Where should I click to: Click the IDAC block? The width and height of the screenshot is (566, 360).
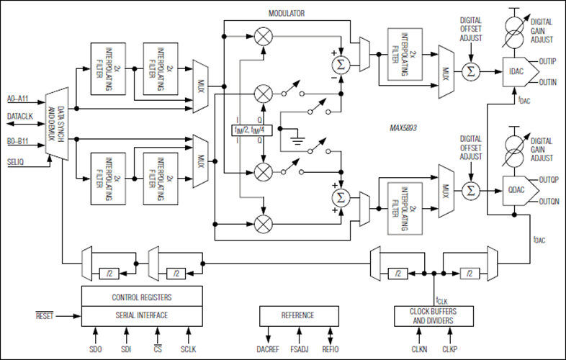[518, 72]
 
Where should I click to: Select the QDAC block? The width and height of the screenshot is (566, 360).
[519, 191]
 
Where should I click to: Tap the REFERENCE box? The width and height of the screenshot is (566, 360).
[299, 316]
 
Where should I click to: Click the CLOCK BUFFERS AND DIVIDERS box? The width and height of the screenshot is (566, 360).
[434, 316]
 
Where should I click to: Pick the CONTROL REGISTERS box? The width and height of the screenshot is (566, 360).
[142, 297]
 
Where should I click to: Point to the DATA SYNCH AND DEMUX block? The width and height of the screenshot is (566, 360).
[57, 124]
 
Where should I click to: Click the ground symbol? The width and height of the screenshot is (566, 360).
[297, 140]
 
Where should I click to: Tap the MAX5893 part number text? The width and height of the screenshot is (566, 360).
[403, 128]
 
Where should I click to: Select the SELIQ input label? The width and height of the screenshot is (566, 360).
[15, 162]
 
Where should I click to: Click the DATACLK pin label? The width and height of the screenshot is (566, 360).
[20, 116]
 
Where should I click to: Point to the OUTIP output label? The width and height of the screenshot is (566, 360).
[547, 61]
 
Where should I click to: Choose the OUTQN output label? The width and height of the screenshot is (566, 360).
[549, 202]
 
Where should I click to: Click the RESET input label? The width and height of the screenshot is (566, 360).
[45, 316]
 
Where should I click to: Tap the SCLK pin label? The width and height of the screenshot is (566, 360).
[188, 349]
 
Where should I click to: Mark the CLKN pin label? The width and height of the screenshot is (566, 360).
[419, 349]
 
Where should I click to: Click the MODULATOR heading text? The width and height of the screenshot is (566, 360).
[287, 14]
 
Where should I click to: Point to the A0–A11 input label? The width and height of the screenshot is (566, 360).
[17, 99]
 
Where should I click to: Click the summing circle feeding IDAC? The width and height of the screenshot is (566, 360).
[471, 71]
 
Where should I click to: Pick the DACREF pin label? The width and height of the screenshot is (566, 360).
[268, 349]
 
